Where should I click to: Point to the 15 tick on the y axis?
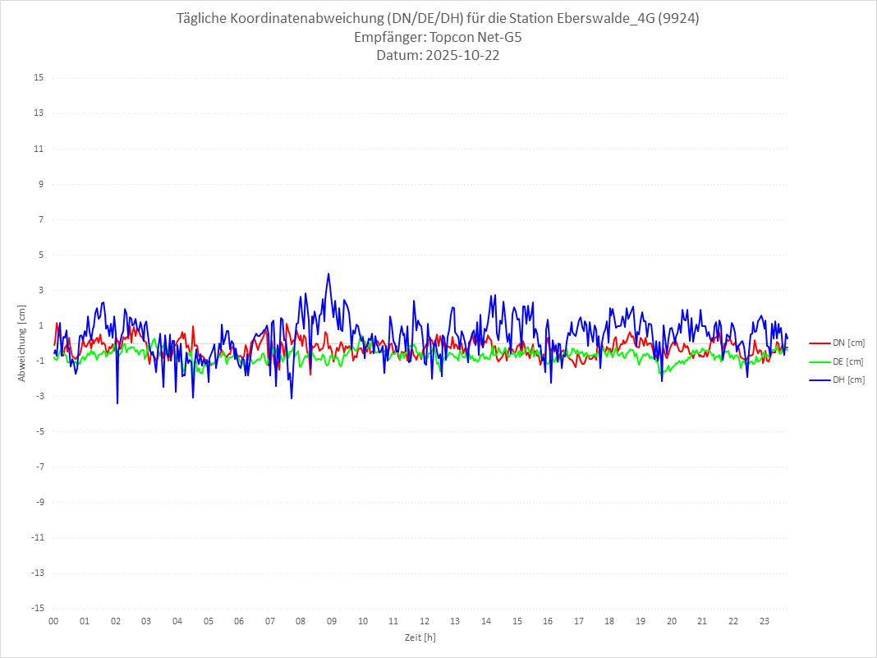(x=39, y=78)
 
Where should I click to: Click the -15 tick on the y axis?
(x=37, y=609)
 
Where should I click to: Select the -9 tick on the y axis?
(x=39, y=502)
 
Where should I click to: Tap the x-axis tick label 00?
(x=53, y=621)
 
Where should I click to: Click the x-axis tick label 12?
(x=425, y=621)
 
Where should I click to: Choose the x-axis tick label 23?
(x=765, y=621)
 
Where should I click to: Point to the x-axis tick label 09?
(x=332, y=621)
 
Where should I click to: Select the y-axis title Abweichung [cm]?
(x=22, y=343)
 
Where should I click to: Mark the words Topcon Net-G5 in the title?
(x=471, y=38)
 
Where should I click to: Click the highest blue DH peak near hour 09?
(x=328, y=274)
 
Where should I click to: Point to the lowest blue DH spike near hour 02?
(x=117, y=403)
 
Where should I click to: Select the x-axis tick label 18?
(x=610, y=621)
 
